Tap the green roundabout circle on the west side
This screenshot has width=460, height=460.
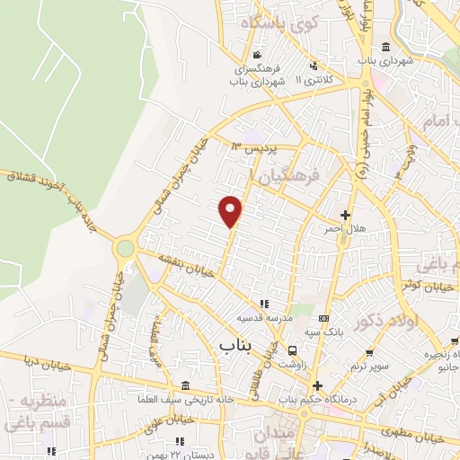click(x=125, y=248)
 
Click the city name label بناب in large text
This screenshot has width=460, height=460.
click(x=235, y=343)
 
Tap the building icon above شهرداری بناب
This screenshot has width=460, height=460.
click(x=386, y=48)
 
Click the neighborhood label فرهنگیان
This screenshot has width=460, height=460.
click(x=289, y=179)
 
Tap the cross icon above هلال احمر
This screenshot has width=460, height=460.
click(x=346, y=215)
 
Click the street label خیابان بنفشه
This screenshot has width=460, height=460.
click(x=189, y=266)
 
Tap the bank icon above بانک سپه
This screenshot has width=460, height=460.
click(x=324, y=319)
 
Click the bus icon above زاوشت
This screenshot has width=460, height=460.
click(x=292, y=350)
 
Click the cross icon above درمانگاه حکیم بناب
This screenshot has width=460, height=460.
click(x=317, y=385)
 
